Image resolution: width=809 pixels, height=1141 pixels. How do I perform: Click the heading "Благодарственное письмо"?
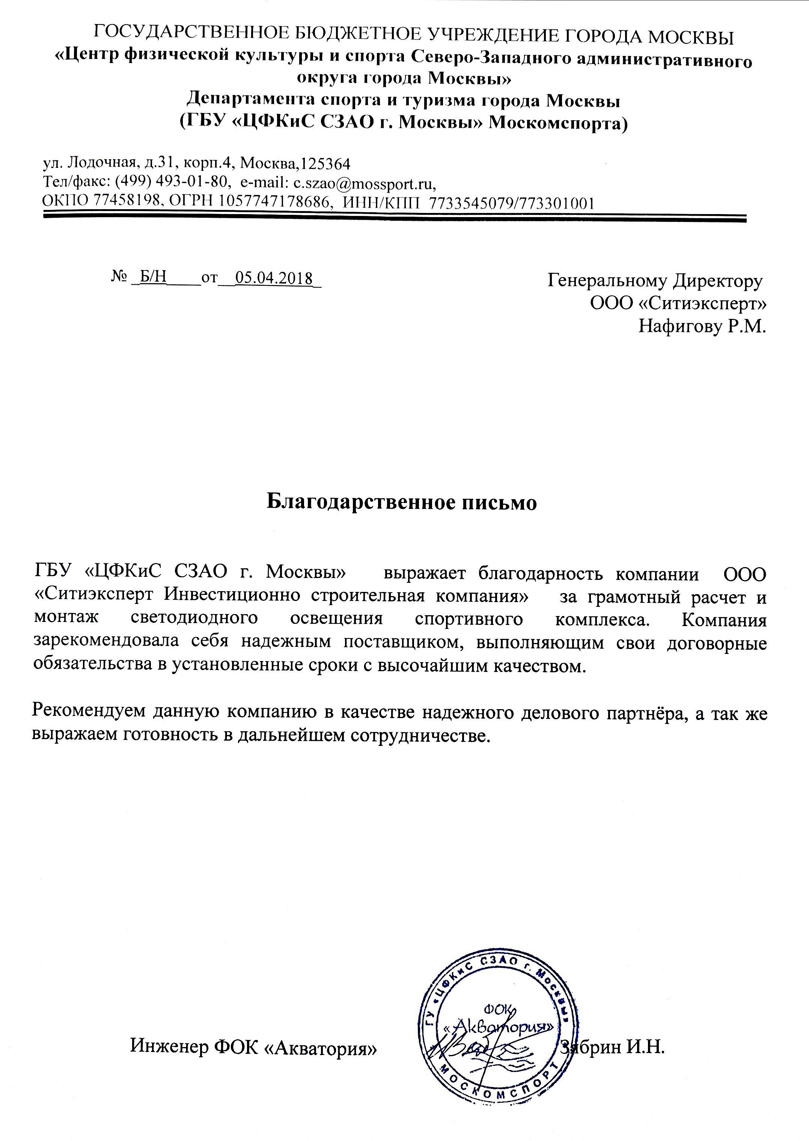pos(402,502)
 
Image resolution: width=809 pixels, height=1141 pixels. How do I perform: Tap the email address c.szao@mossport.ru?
pos(363,183)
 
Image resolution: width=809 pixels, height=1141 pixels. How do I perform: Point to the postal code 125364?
pos(326,163)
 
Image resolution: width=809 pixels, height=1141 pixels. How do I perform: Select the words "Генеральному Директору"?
pos(655,281)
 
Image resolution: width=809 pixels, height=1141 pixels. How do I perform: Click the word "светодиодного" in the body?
pos(195,619)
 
